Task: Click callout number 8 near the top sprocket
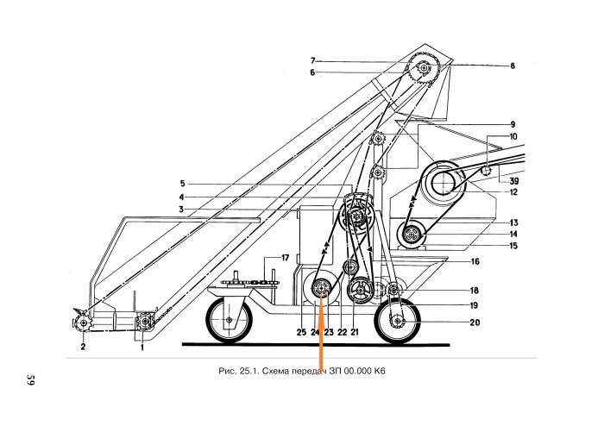pyautogui.click(x=513, y=66)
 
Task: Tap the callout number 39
pyautogui.click(x=514, y=181)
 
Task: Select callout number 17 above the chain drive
pyautogui.click(x=285, y=258)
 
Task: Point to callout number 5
pyautogui.click(x=183, y=184)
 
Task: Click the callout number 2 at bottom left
pyautogui.click(x=83, y=347)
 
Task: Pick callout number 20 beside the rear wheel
pyautogui.click(x=475, y=323)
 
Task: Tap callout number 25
pyautogui.click(x=301, y=332)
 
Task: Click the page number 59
pyautogui.click(x=31, y=379)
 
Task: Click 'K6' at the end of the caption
pyautogui.click(x=380, y=371)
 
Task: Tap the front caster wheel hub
pyautogui.click(x=230, y=320)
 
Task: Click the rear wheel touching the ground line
pyautogui.click(x=397, y=322)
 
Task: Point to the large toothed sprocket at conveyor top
pyautogui.click(x=424, y=68)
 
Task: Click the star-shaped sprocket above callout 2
pyautogui.click(x=82, y=323)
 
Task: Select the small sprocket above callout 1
pyautogui.click(x=145, y=322)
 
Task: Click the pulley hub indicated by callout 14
pyautogui.click(x=412, y=235)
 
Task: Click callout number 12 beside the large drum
pyautogui.click(x=513, y=192)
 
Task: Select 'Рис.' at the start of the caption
pyautogui.click(x=226, y=371)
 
